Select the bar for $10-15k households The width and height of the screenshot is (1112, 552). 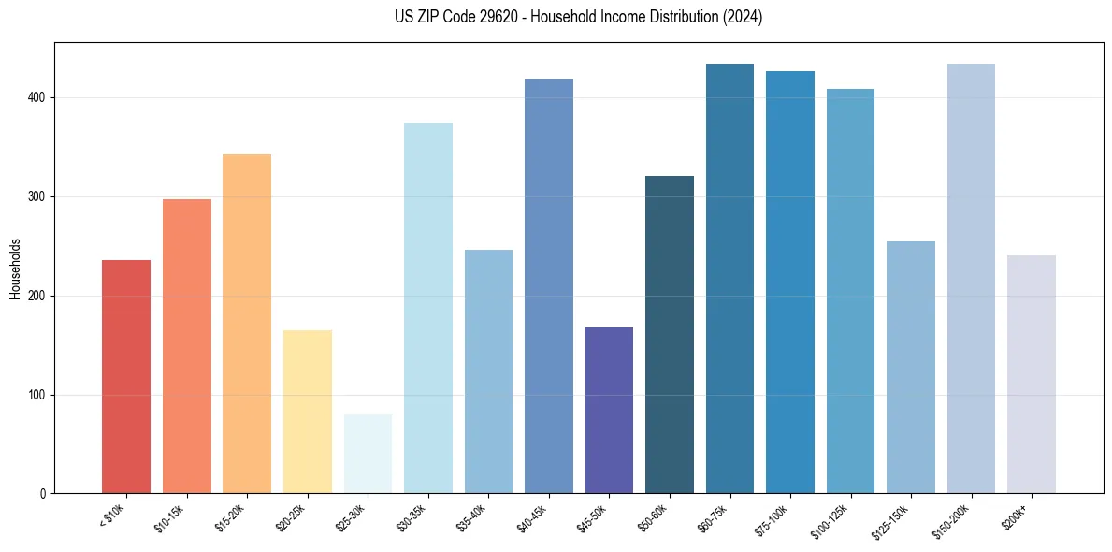[187, 346]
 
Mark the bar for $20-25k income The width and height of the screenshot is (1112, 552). [308, 412]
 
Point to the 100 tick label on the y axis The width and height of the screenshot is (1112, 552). [37, 396]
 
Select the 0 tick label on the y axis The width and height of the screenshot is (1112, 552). [43, 494]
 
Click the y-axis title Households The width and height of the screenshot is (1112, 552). [15, 268]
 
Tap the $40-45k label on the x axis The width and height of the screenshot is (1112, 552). [532, 516]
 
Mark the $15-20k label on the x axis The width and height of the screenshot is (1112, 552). [231, 516]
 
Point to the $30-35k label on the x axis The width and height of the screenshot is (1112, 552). [412, 516]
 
